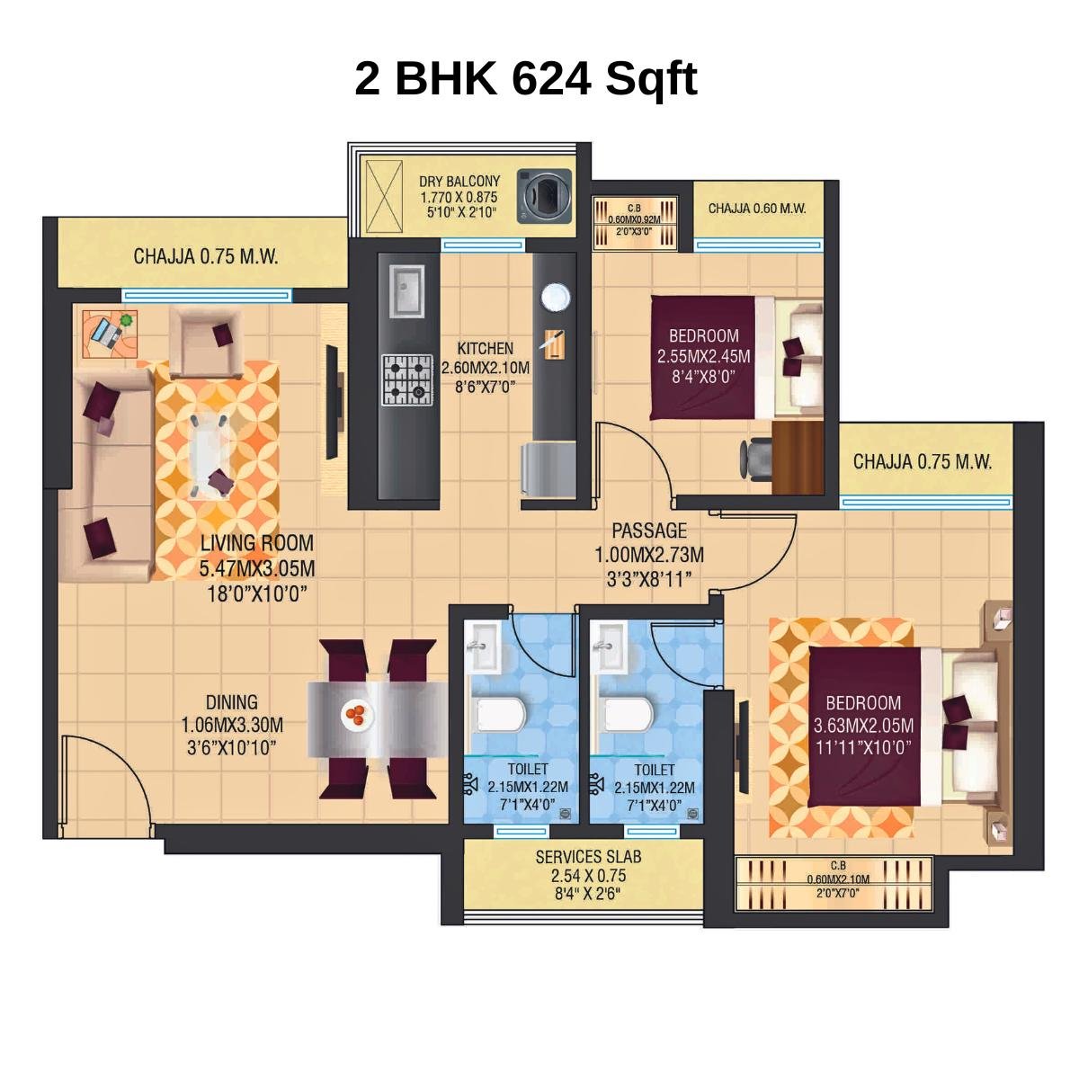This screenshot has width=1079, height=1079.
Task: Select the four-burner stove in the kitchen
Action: pos(406,379)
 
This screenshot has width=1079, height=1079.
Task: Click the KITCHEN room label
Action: pos(486,349)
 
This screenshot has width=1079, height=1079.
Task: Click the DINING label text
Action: pos(232,702)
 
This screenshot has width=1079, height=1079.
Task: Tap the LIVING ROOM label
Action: pos(257,543)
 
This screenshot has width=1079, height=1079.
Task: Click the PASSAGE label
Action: pos(649,531)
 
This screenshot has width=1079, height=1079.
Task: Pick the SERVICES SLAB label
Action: pos(588,857)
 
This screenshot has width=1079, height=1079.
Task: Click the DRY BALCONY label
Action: pos(459,181)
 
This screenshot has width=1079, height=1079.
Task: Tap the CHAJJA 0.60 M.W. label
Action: pos(757,209)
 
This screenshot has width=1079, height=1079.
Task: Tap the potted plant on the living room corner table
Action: pos(127,320)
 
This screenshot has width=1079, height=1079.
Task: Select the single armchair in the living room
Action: pos(206,342)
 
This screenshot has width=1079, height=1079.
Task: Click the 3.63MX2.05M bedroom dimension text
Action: pos(863,725)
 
